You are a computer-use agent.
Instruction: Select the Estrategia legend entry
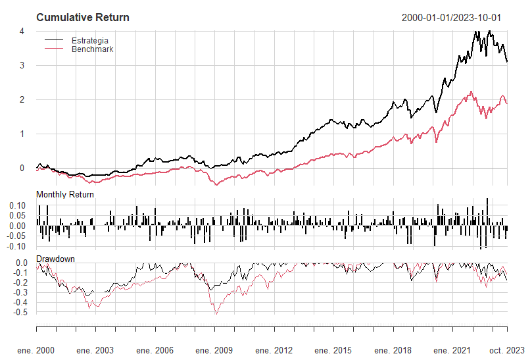tap(89, 41)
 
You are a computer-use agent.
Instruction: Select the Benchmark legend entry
tap(93, 49)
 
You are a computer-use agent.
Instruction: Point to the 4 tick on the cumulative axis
tap(22, 32)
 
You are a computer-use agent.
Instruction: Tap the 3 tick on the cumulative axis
tap(22, 66)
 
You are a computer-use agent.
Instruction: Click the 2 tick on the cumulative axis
tap(22, 100)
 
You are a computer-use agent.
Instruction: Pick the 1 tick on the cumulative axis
tap(22, 134)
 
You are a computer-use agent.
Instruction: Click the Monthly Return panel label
tap(65, 195)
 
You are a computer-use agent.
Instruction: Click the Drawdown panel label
tap(55, 259)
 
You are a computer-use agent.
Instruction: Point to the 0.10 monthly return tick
tap(17, 206)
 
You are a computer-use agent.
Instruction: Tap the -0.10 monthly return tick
tap(16, 246)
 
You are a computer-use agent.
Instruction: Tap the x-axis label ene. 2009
tap(214, 350)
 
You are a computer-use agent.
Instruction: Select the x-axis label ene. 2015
tap(333, 350)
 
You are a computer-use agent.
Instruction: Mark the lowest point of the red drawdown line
tap(216, 314)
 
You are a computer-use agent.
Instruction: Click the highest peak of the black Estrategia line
tap(476, 30)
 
